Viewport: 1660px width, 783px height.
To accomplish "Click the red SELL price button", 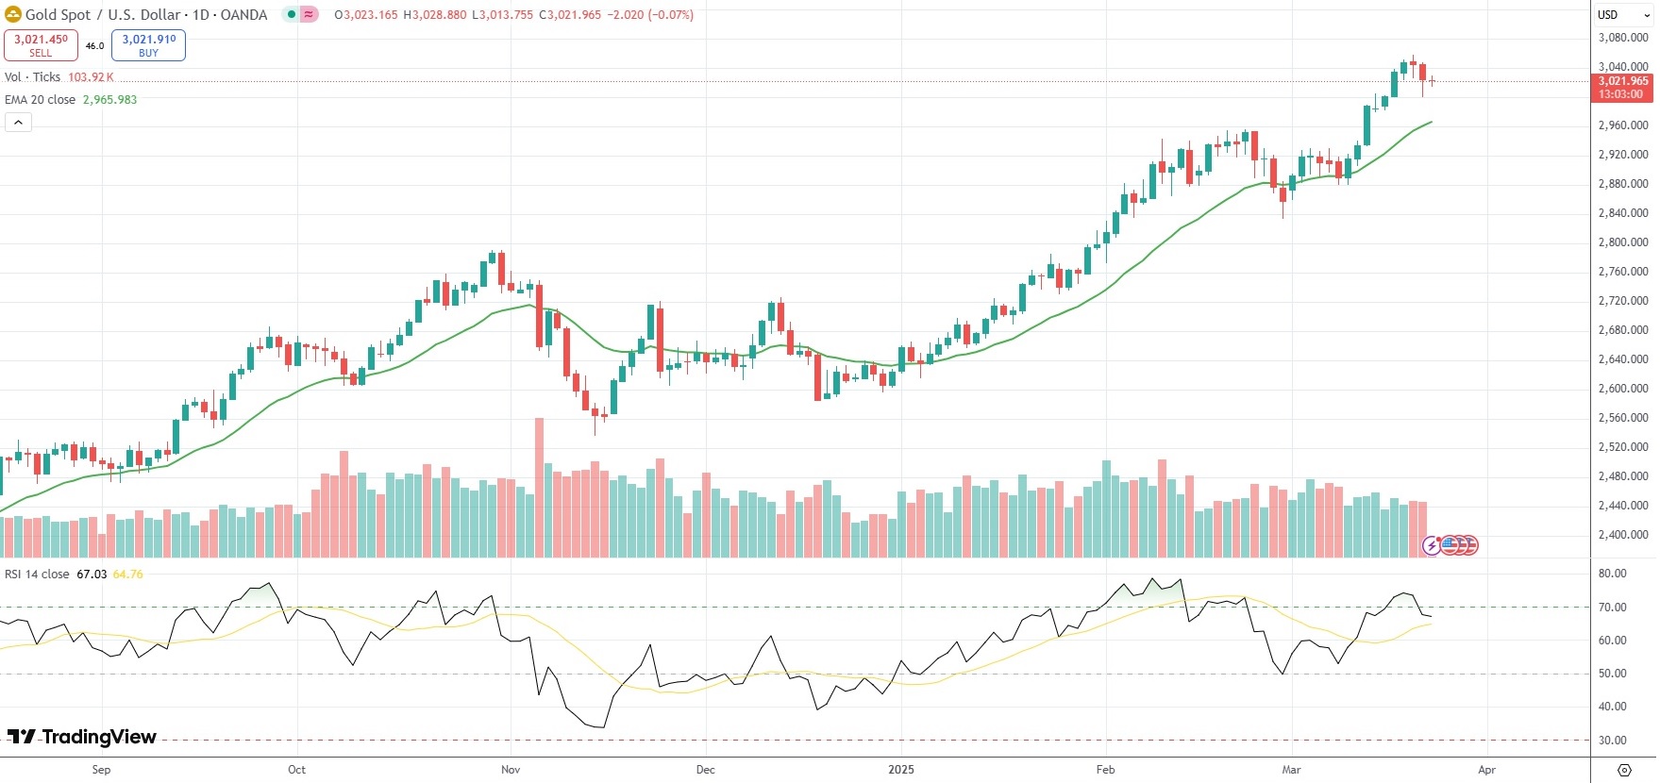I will tap(41, 44).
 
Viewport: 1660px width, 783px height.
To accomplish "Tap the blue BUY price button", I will tap(148, 44).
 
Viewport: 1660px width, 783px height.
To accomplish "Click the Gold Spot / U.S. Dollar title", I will tap(146, 14).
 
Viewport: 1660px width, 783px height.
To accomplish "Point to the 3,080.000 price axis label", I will tap(1623, 38).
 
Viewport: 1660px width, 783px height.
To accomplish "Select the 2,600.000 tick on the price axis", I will tap(1623, 389).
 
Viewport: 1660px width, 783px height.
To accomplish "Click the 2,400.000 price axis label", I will tap(1623, 535).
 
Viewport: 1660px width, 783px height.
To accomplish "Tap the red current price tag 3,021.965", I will tap(1622, 82).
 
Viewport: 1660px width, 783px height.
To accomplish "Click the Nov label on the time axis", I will tap(511, 770).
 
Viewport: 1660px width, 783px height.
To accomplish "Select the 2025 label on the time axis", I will tap(901, 770).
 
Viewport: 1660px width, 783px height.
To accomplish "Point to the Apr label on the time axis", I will tap(1486, 770).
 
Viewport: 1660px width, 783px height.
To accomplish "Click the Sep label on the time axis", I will tap(101, 770).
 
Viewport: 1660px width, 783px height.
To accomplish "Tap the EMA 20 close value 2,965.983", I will tap(109, 100).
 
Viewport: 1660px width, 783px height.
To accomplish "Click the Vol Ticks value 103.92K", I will tap(91, 77).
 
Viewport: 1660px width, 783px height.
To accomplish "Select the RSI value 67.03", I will tap(92, 575).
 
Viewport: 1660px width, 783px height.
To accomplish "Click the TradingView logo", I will tap(82, 737).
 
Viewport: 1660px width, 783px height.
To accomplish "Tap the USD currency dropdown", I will tap(1622, 14).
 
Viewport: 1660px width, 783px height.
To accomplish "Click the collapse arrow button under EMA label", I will tap(18, 122).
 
